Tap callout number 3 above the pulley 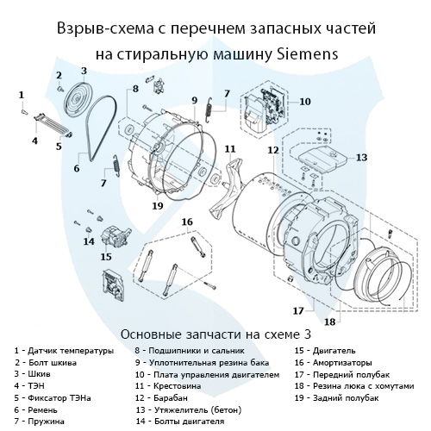point(84,71)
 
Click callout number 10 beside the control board point(304,101)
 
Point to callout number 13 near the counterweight point(361,158)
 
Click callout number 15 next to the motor point(106,256)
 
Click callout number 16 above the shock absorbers point(185,222)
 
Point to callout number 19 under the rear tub point(157,206)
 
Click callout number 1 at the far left point(21,92)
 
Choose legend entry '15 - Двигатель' point(327,352)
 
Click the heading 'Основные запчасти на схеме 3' point(215,333)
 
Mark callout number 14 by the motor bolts point(88,240)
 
